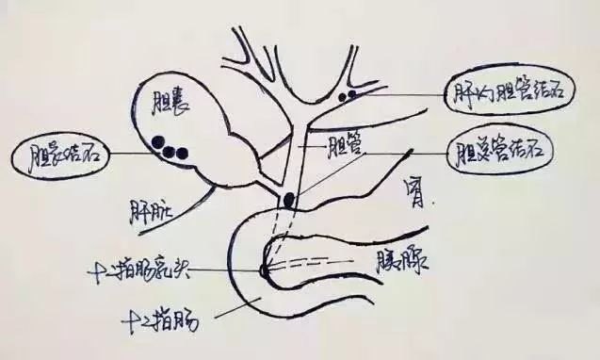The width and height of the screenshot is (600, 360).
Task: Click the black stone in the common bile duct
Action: [287, 200]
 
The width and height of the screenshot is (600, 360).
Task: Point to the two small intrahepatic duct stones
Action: [351, 95]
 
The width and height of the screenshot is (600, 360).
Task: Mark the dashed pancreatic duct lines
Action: [320, 258]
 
